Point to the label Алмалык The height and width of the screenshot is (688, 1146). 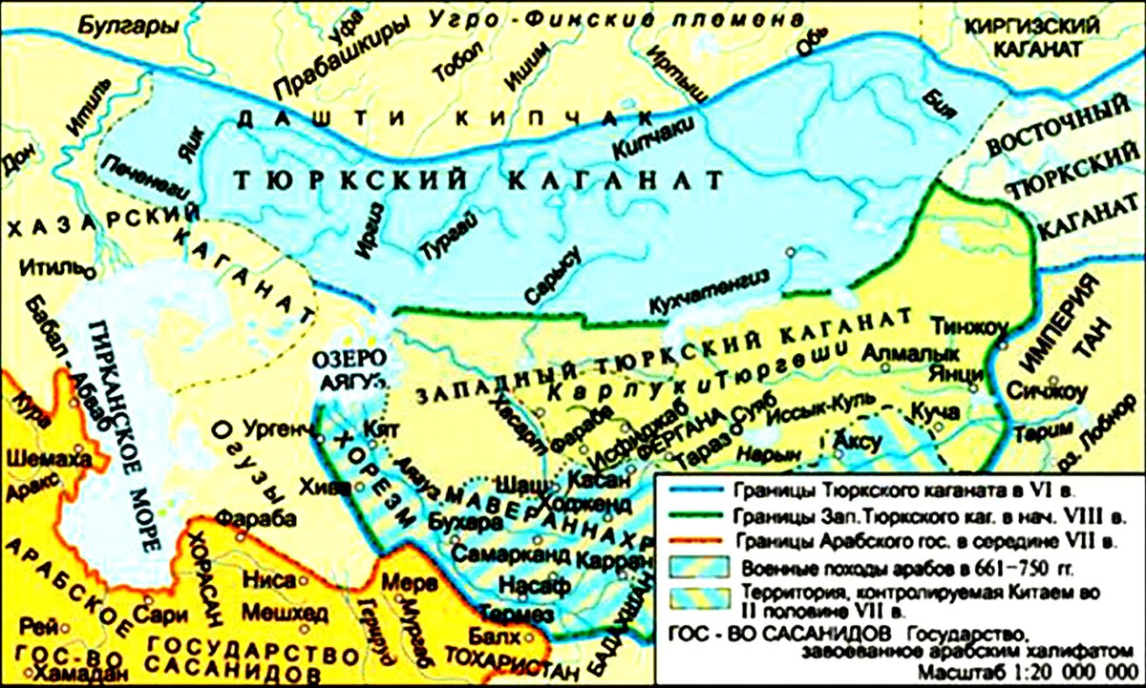(x=897, y=354)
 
